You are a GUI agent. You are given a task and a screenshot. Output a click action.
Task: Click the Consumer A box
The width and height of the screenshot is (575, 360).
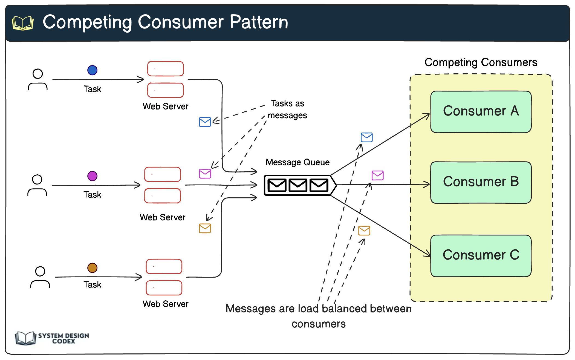[481, 112]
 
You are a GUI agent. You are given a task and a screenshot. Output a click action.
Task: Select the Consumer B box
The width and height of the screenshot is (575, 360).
[481, 182]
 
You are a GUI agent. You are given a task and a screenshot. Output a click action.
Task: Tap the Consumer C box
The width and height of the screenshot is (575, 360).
[481, 255]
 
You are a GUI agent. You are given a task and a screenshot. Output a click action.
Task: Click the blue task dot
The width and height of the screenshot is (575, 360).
[92, 70]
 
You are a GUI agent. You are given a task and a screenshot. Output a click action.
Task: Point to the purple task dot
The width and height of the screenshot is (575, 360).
[92, 176]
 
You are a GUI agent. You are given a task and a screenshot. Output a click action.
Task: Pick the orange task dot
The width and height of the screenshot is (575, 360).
[92, 267]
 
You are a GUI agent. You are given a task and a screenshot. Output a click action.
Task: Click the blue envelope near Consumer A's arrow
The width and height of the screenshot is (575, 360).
[366, 137]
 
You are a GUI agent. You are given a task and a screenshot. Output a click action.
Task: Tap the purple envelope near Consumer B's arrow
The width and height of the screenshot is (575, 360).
[377, 175]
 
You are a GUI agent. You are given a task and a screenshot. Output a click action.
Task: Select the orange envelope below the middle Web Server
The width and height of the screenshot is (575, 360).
[205, 228]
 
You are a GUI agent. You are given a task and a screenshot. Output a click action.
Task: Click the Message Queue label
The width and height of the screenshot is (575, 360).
[297, 162]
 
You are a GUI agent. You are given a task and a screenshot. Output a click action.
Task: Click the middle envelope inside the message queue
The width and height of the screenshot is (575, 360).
[298, 185]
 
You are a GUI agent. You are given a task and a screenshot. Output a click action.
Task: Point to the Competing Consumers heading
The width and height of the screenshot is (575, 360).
[481, 62]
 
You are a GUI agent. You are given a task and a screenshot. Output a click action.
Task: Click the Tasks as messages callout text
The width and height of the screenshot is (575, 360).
[287, 109]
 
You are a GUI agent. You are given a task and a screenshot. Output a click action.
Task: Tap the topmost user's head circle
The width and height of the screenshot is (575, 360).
[38, 73]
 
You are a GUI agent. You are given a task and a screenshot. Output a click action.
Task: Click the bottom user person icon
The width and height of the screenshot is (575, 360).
[40, 277]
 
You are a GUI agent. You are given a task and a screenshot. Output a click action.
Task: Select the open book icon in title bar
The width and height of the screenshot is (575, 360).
[23, 23]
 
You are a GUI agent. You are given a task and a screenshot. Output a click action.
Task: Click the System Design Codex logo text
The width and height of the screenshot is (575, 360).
[63, 338]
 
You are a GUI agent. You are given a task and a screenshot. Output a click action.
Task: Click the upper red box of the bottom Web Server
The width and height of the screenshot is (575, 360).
[164, 266]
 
